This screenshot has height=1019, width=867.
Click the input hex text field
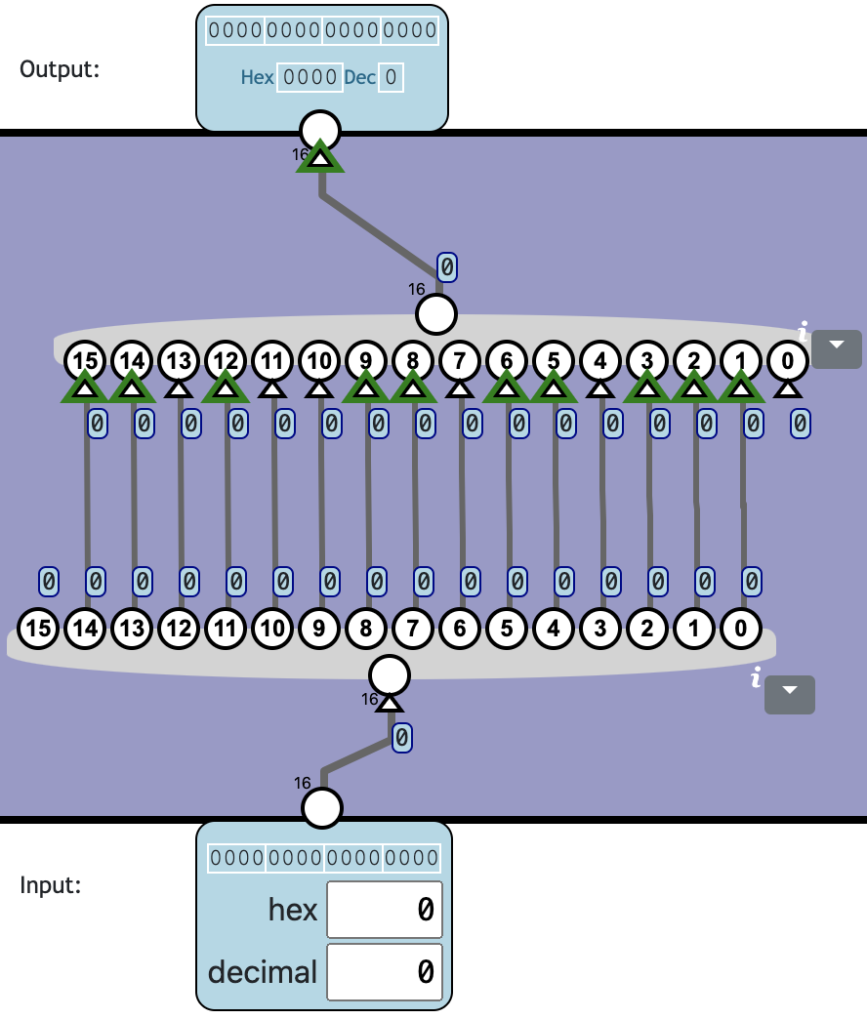[x=385, y=909]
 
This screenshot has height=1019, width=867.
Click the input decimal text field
[x=385, y=971]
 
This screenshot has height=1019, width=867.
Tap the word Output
[x=60, y=69]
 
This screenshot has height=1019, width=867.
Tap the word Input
[x=51, y=885]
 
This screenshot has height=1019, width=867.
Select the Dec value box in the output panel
[x=391, y=77]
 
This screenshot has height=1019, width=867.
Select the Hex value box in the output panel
[x=310, y=77]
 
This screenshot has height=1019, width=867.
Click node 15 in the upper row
[x=85, y=361]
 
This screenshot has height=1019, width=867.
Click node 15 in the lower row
[x=38, y=629]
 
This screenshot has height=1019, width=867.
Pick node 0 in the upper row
[x=788, y=361]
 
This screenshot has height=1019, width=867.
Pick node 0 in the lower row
[x=741, y=629]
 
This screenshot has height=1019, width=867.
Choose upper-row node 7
[x=460, y=361]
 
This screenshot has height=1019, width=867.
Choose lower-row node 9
[x=319, y=629]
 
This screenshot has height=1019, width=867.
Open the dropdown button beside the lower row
[x=790, y=693]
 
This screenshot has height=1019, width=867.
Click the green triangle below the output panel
[x=320, y=157]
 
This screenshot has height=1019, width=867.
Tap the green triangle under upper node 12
[x=226, y=388]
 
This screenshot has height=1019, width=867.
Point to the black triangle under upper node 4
[x=600, y=388]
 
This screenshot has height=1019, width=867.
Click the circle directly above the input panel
[x=322, y=808]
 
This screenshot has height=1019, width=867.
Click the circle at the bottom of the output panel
[x=320, y=129]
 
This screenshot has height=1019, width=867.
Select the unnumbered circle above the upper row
[x=436, y=314]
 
